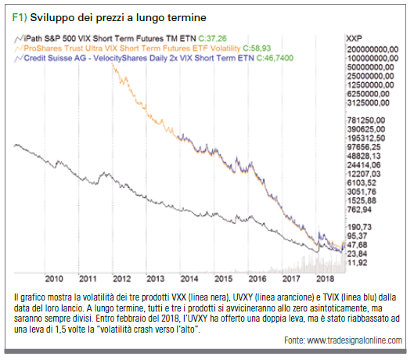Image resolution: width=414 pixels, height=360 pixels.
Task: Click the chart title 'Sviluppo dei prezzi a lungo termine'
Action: (118, 18)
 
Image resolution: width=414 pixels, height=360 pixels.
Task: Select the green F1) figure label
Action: (20, 17)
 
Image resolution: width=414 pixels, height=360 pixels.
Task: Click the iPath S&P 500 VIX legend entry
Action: (110, 38)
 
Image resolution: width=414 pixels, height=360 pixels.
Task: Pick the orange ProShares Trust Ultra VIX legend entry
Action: (132, 49)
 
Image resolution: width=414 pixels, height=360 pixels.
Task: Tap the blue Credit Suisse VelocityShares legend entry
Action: (139, 58)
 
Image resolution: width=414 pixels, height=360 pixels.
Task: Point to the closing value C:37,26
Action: (212, 38)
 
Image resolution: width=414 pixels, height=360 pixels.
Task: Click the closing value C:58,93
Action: (257, 49)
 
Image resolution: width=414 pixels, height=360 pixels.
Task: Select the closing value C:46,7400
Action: (275, 58)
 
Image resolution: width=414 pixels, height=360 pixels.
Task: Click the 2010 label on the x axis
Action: (54, 279)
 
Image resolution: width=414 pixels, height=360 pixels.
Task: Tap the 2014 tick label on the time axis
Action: (189, 279)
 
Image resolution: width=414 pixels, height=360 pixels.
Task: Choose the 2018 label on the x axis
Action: (326, 279)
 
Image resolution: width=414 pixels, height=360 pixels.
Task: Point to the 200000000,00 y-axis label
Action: (373, 49)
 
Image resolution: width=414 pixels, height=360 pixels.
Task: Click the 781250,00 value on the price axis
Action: (366, 121)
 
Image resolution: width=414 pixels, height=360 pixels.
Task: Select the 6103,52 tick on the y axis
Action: (362, 183)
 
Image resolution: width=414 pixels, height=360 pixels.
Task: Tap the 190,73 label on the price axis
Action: (359, 227)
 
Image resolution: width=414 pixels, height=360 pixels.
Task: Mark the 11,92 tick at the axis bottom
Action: (357, 262)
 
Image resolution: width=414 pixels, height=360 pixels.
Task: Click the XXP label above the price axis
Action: (354, 38)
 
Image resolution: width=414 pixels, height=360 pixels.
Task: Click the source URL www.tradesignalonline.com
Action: (355, 340)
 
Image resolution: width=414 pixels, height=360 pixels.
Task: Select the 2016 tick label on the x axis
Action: (257, 279)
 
